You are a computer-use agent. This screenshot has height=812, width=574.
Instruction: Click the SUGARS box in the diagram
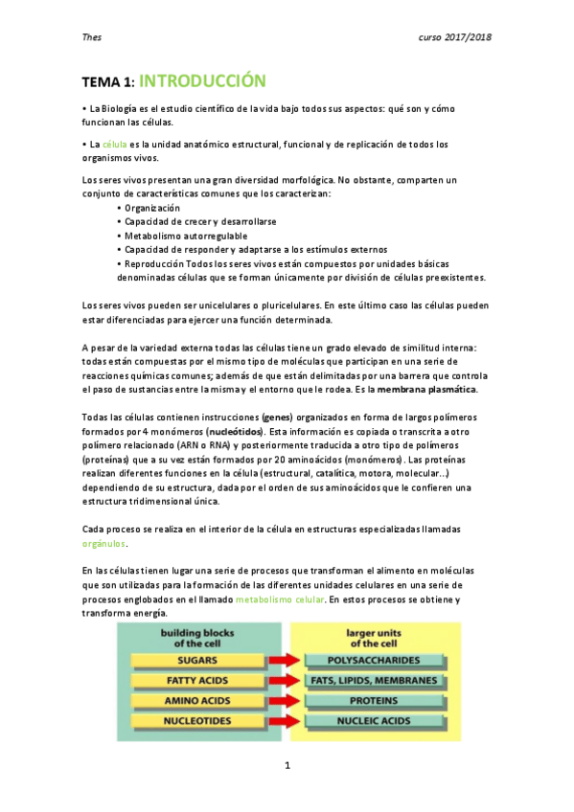point(197,660)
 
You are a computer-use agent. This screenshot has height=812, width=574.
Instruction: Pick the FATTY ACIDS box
point(197,680)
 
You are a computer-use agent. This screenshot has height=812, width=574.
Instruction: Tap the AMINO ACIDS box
point(197,701)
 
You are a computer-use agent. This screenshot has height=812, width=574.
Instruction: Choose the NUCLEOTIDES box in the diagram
point(197,721)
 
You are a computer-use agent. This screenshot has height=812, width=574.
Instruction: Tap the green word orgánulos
point(105,543)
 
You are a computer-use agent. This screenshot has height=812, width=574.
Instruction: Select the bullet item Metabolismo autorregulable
point(185,236)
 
